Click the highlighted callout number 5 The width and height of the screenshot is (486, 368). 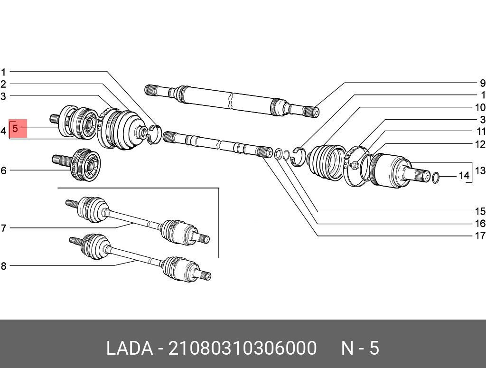[16, 128]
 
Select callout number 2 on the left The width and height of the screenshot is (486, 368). [3, 85]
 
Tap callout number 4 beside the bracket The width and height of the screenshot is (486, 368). [3, 130]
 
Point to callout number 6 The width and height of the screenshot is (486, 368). [3, 170]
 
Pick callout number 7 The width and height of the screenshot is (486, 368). [3, 228]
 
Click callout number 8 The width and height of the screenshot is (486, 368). [3, 266]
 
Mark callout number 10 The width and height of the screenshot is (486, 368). [480, 107]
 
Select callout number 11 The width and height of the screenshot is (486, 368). [480, 132]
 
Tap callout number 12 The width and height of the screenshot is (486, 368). [480, 144]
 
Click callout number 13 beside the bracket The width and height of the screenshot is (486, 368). [480, 170]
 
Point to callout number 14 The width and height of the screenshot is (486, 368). [463, 176]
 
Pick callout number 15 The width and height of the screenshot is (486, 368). [480, 211]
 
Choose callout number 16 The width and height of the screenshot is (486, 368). [480, 224]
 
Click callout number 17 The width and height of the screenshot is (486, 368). [480, 236]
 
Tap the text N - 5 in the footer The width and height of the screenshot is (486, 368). [360, 348]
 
